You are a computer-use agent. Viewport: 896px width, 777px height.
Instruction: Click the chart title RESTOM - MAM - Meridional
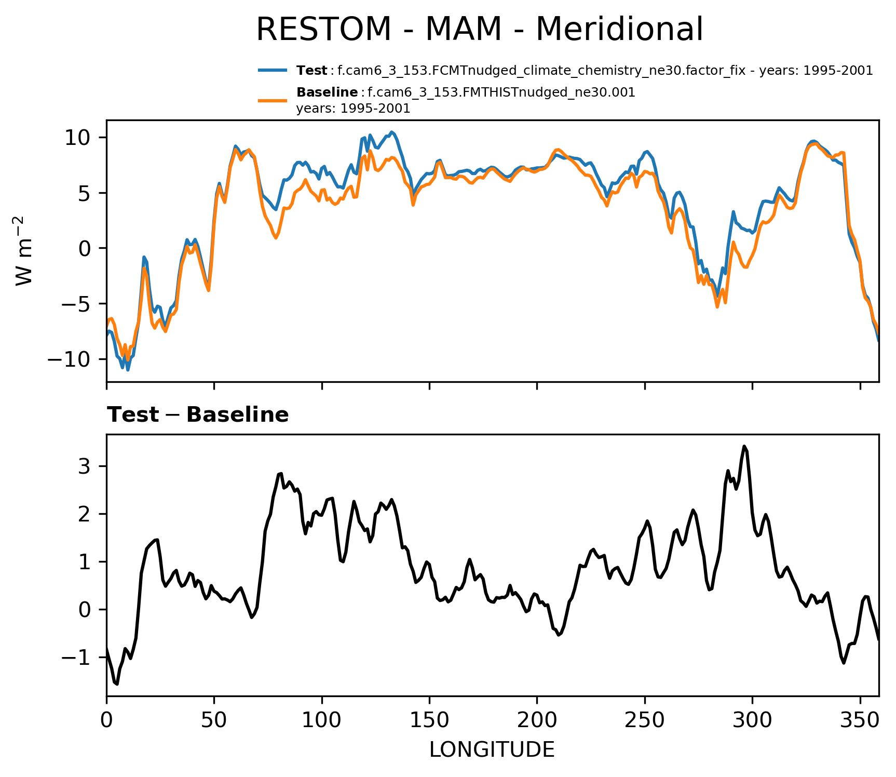pyautogui.click(x=479, y=29)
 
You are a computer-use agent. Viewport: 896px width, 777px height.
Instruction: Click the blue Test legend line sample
pyautogui.click(x=273, y=70)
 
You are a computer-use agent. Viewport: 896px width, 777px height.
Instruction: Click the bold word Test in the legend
pyautogui.click(x=311, y=70)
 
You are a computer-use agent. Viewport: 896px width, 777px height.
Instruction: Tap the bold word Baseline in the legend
pyautogui.click(x=327, y=92)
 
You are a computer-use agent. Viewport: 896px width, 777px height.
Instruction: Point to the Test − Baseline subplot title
pyautogui.click(x=198, y=415)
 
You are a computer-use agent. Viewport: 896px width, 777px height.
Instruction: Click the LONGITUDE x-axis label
pyautogui.click(x=492, y=750)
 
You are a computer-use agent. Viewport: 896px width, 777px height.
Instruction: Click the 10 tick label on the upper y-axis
pyautogui.click(x=78, y=138)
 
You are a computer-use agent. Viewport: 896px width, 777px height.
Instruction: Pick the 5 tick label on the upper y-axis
pyautogui.click(x=85, y=193)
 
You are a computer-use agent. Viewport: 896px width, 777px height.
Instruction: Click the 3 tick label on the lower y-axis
pyautogui.click(x=85, y=466)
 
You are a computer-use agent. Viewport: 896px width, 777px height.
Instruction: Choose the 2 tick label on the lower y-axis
pyautogui.click(x=85, y=514)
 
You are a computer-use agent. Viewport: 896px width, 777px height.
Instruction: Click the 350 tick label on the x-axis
pyautogui.click(x=860, y=721)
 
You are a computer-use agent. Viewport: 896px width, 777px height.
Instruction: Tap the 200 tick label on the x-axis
pyautogui.click(x=537, y=721)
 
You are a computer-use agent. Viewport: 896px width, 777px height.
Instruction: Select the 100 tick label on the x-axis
pyautogui.click(x=322, y=721)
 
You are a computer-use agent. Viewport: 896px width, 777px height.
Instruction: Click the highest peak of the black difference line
pyautogui.click(x=744, y=446)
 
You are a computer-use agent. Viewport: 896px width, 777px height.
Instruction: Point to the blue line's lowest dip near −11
pyautogui.click(x=128, y=369)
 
